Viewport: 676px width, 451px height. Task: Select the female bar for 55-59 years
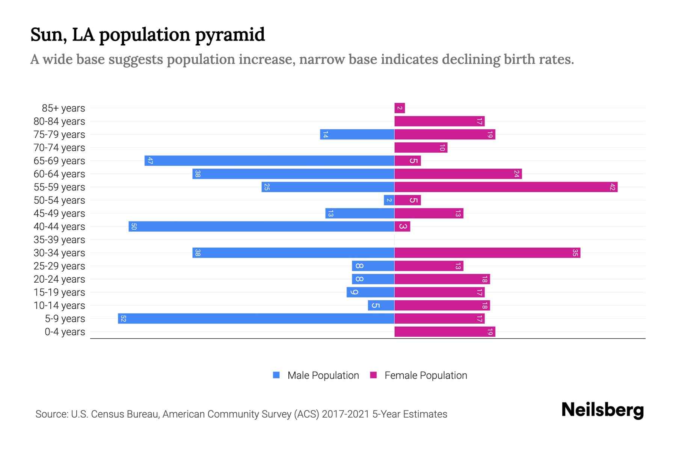tap(505, 187)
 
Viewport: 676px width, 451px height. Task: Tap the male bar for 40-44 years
tap(261, 226)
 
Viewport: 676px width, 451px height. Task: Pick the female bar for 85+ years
tap(400, 108)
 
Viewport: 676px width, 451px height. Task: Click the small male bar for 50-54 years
tap(389, 200)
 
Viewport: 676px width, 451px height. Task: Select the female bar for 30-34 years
tap(487, 253)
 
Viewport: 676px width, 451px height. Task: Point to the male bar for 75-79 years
tap(357, 134)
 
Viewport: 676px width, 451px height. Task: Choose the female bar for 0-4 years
tap(445, 331)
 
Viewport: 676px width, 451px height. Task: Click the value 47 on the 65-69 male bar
tap(150, 161)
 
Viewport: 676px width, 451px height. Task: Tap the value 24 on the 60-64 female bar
tap(516, 174)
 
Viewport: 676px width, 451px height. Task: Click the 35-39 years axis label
tap(59, 240)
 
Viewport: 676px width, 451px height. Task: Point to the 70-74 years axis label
tap(59, 148)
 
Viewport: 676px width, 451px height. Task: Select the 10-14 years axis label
tap(59, 306)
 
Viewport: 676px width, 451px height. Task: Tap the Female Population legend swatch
tap(373, 375)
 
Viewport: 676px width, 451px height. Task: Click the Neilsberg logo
tap(602, 410)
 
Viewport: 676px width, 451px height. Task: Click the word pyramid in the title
tap(230, 35)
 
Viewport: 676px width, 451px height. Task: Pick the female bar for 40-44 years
tap(402, 226)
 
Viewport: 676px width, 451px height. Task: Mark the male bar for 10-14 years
tap(381, 305)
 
